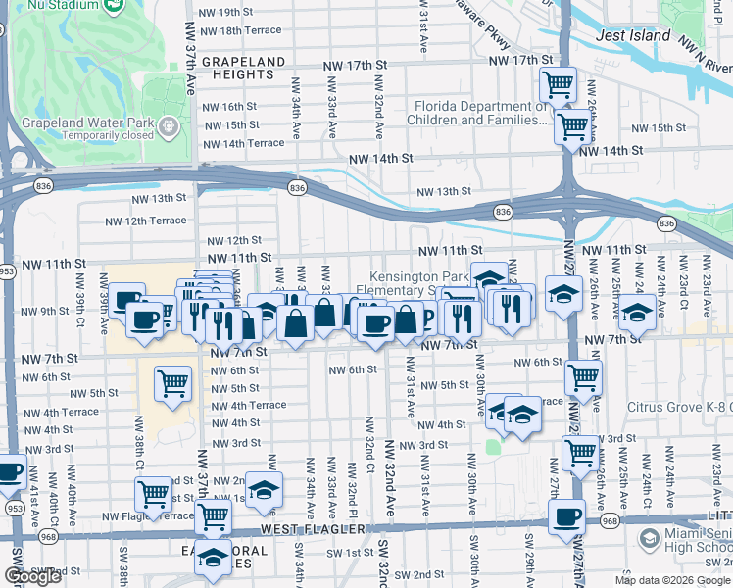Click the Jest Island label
[634, 36]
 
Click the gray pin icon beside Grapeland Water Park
[171, 125]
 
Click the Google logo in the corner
[32, 576]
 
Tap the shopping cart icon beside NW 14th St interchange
[572, 125]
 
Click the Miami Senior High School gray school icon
[649, 538]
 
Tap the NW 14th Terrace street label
[241, 143]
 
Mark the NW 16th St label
[229, 107]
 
